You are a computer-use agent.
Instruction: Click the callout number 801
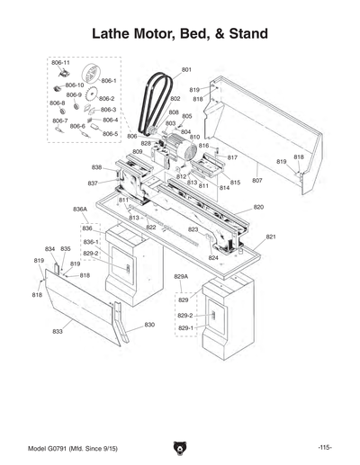pos(186,69)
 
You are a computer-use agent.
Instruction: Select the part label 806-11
pos(60,62)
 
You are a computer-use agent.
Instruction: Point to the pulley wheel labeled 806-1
pos(89,73)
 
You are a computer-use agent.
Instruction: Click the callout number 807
pos(256,181)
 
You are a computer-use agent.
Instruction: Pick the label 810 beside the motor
pos(194,137)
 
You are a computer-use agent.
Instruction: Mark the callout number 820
pos(258,207)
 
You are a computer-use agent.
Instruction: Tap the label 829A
pos(181,276)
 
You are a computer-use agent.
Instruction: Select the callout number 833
pos(58,332)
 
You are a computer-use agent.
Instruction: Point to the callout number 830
pos(149,324)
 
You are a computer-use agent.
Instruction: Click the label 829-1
pos(184,328)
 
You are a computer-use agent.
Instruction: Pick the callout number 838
pos(96,167)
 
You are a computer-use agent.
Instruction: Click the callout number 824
pos(213,257)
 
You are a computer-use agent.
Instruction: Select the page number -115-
pos(325,447)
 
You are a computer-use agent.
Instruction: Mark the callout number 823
pos(193,229)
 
